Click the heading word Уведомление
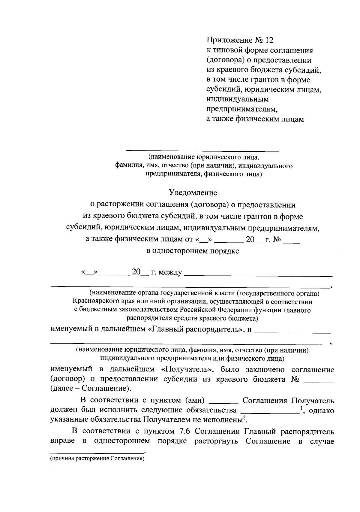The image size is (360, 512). [193, 192]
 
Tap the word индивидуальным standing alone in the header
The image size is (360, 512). [238, 99]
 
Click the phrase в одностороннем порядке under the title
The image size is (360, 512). [193, 251]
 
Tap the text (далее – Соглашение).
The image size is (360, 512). [91, 389]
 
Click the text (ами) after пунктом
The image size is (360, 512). [194, 401]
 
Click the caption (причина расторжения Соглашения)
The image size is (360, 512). [97, 459]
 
